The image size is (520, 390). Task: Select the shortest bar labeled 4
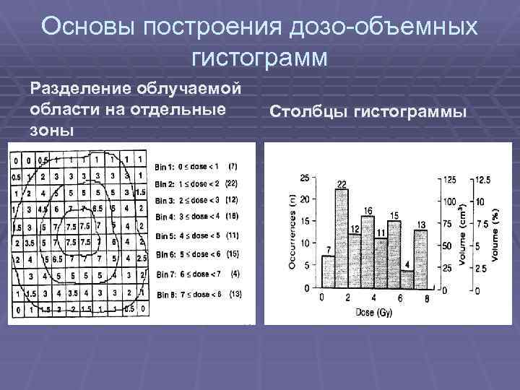click(x=406, y=279)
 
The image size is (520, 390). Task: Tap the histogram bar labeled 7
click(x=328, y=271)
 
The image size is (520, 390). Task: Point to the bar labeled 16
click(x=368, y=251)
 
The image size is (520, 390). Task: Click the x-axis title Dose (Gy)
click(x=373, y=312)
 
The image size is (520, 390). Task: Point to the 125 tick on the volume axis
click(x=449, y=179)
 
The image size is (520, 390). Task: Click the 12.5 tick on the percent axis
click(x=485, y=179)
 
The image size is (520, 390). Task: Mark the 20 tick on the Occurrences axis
click(x=304, y=200)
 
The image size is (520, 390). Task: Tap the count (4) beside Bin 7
click(x=235, y=274)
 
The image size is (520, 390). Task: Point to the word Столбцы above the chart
click(x=300, y=113)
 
